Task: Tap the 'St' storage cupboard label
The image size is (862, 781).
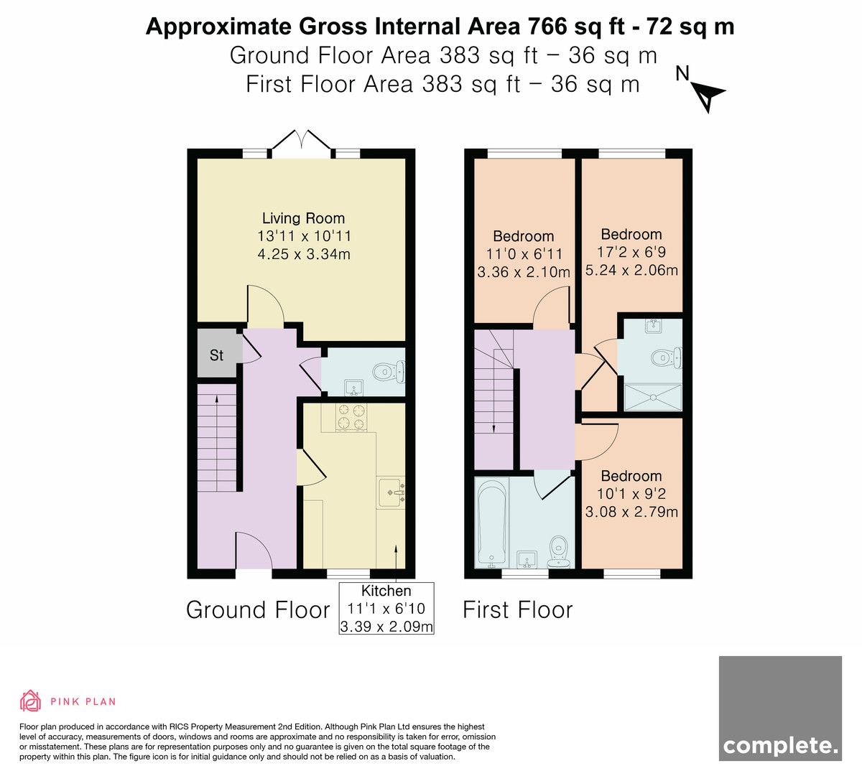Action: pyautogui.click(x=216, y=355)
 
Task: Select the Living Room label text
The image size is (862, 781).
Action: pyautogui.click(x=303, y=218)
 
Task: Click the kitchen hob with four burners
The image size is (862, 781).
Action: pyautogui.click(x=351, y=418)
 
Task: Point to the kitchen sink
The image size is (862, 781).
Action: pyautogui.click(x=391, y=492)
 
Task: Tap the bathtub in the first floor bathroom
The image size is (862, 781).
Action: pyautogui.click(x=491, y=523)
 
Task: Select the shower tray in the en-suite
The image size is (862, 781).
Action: pyautogui.click(x=653, y=398)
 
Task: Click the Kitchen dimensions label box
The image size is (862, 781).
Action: pyautogui.click(x=386, y=608)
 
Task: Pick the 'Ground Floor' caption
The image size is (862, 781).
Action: pyautogui.click(x=258, y=610)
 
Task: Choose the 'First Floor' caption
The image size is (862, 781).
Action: pyautogui.click(x=518, y=610)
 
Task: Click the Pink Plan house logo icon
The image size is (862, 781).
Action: pyautogui.click(x=30, y=701)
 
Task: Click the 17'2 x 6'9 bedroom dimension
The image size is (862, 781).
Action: pyautogui.click(x=631, y=252)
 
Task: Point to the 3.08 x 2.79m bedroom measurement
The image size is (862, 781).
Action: pyautogui.click(x=631, y=512)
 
